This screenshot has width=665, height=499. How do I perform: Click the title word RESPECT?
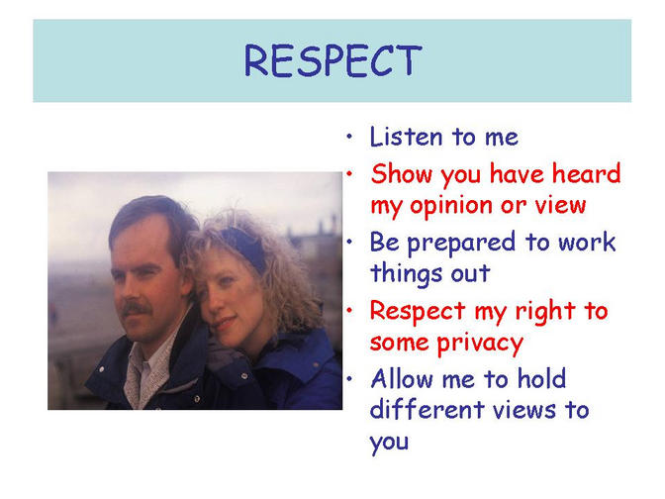[332, 60]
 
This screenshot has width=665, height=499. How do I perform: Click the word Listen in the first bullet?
[407, 137]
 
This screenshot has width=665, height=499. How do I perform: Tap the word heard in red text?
[586, 173]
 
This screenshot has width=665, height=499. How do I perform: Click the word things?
[406, 273]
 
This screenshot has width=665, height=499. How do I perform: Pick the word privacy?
[480, 344]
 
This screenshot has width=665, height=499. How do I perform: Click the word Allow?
[402, 378]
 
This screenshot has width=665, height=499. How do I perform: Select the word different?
[427, 409]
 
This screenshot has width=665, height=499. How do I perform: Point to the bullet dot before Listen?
[349, 137]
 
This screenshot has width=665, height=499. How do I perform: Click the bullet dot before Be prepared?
[349, 243]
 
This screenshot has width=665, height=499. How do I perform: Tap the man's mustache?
[136, 308]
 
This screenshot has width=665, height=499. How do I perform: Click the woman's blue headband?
[245, 247]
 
